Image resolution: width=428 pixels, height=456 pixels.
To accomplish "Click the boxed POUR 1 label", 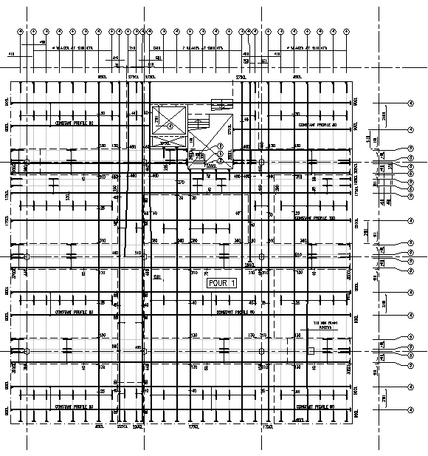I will click(222, 283).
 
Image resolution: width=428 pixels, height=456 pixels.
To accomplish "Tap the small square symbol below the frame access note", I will click(311, 351).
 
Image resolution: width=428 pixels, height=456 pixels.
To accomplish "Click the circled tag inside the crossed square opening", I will click(170, 126).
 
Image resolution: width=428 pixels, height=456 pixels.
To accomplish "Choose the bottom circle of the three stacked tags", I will click(220, 160).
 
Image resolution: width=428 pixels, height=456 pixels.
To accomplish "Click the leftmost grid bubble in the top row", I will click(21, 32).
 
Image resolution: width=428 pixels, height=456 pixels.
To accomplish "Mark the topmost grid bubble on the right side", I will click(410, 102).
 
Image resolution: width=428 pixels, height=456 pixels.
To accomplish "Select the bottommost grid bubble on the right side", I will click(410, 408).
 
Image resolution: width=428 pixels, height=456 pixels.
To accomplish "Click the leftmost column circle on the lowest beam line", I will click(27, 351).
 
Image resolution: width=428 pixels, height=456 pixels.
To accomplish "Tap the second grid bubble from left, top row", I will click(33, 32).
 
